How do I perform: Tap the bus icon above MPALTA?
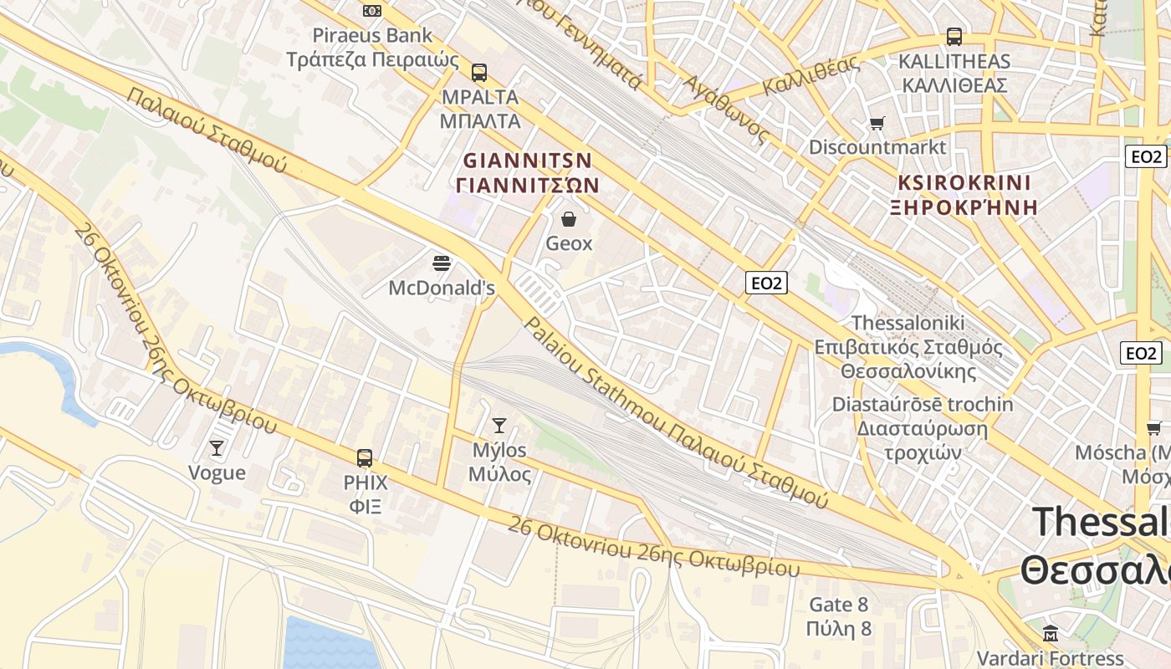[478, 73]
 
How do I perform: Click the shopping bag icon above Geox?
[569, 219]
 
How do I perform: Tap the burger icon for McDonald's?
[442, 263]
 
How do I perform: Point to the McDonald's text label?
[442, 289]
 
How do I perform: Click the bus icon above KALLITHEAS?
[954, 37]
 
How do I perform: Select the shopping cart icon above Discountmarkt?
[877, 124]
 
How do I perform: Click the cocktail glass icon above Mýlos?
[499, 426]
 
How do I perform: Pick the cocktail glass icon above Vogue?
[217, 448]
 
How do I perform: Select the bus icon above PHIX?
[365, 458]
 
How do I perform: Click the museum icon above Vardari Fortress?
[1051, 633]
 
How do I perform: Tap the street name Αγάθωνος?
[725, 109]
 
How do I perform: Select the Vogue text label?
[217, 473]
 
